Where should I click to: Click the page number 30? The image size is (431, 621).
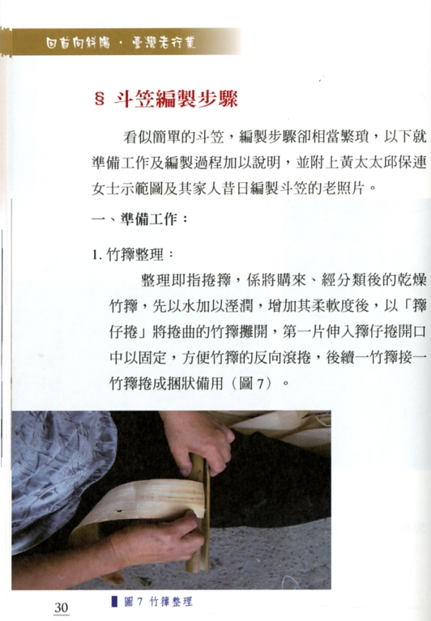tap(62, 607)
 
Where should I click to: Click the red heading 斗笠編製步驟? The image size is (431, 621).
tap(177, 101)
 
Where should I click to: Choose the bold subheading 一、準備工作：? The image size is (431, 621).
tap(141, 219)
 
